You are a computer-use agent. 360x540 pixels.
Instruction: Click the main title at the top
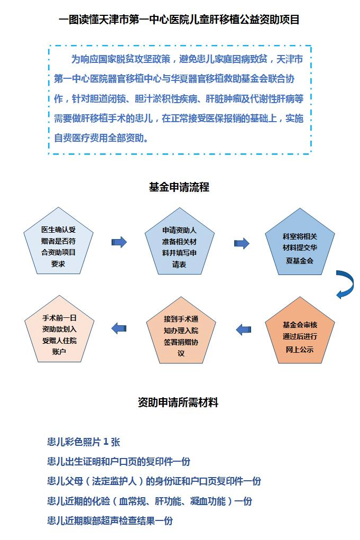(x=179, y=19)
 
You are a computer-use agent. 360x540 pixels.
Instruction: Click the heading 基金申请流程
(x=179, y=187)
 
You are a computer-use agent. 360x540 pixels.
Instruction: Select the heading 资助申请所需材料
(x=178, y=402)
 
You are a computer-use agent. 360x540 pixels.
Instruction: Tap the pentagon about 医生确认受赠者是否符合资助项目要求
(x=59, y=242)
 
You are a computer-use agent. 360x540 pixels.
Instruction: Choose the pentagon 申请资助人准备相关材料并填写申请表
(x=179, y=243)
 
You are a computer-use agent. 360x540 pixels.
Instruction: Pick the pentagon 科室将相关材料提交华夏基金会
(x=300, y=243)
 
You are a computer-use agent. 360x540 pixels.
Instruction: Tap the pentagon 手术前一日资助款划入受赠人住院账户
(x=59, y=331)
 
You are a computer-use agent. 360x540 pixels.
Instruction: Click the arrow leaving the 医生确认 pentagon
(x=119, y=242)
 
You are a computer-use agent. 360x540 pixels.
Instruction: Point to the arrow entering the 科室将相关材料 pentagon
(x=242, y=243)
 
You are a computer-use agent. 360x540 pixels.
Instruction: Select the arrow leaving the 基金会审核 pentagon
(x=244, y=330)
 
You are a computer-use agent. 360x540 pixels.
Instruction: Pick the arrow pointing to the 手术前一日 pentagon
(x=119, y=328)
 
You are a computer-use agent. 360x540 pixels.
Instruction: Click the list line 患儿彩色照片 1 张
(x=84, y=442)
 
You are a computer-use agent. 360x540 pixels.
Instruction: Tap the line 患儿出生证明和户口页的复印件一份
(x=119, y=462)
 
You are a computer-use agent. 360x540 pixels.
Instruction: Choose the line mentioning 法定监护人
(x=154, y=481)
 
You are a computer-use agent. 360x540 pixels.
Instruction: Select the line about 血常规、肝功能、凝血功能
(x=150, y=501)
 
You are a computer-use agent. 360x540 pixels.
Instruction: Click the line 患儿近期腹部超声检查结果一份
(x=110, y=520)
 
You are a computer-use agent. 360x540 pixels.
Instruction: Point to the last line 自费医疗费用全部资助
(x=102, y=138)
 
